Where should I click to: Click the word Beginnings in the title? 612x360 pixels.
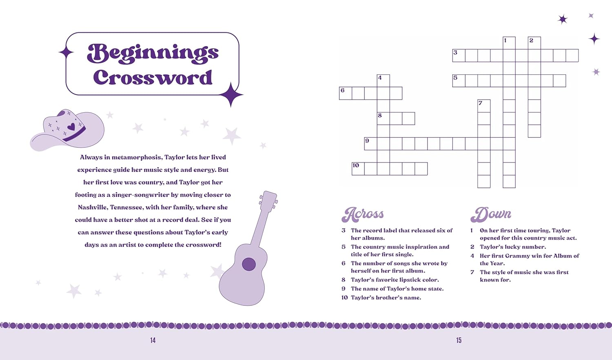pyautogui.click(x=153, y=53)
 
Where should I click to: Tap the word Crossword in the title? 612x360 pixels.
pyautogui.click(x=153, y=78)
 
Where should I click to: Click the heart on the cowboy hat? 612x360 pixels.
pyautogui.click(x=71, y=127)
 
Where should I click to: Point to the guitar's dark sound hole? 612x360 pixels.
pyautogui.click(x=249, y=264)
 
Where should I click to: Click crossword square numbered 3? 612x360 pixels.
pyautogui.click(x=459, y=56)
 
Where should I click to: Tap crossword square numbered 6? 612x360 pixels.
pyautogui.click(x=345, y=93)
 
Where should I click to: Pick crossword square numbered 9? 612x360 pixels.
pyautogui.click(x=370, y=144)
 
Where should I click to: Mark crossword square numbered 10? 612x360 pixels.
pyautogui.click(x=358, y=169)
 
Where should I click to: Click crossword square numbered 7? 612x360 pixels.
pyautogui.click(x=484, y=106)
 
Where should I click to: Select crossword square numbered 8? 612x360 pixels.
pyautogui.click(x=383, y=118)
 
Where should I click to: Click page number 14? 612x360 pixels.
pyautogui.click(x=153, y=340)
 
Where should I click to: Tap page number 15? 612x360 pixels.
pyautogui.click(x=459, y=340)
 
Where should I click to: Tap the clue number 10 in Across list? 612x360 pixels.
pyautogui.click(x=344, y=298)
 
